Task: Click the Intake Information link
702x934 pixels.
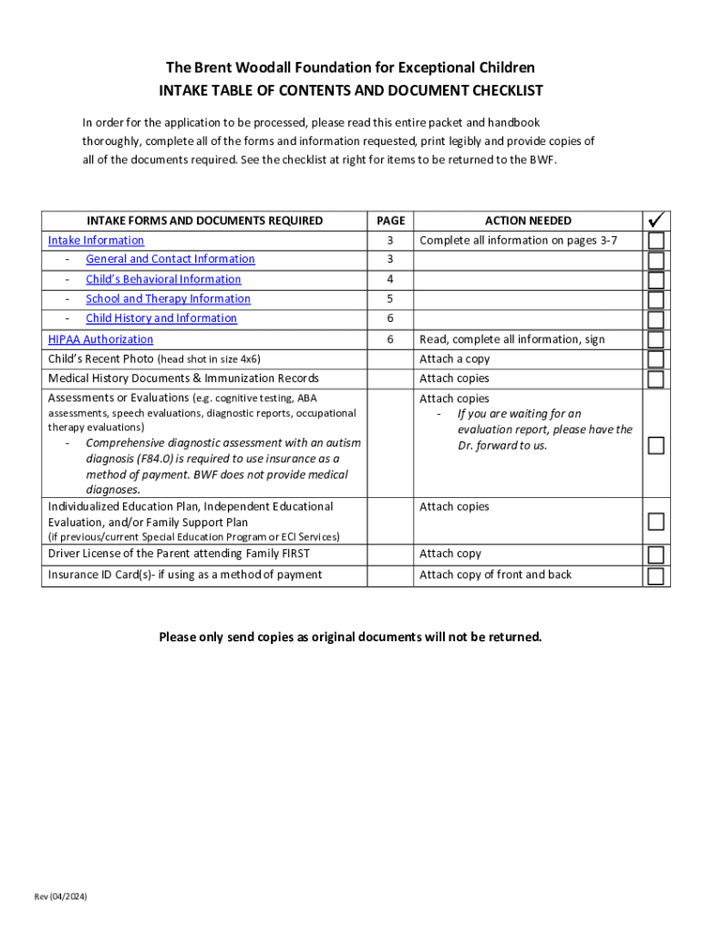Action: [x=96, y=240]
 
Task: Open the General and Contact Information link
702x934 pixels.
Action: [x=170, y=259]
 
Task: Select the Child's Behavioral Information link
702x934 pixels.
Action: [x=163, y=279]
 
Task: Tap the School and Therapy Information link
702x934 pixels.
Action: [x=168, y=298]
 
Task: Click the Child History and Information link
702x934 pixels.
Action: [x=161, y=318]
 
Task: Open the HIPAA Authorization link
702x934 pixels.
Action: [x=100, y=339]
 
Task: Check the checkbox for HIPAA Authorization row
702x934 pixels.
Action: [x=656, y=339]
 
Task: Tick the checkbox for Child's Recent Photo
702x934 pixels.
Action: [x=656, y=359]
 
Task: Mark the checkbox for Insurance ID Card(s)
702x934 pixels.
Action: [x=656, y=576]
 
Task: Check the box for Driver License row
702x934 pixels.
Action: [x=656, y=555]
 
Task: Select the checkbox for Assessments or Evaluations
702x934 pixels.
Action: [x=656, y=445]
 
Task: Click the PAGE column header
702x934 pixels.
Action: [x=390, y=221]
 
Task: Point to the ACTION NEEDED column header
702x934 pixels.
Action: [x=528, y=221]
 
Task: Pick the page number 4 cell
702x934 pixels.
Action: [x=390, y=279]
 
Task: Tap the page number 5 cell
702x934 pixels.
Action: [x=390, y=298]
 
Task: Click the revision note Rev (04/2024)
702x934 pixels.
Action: [x=61, y=898]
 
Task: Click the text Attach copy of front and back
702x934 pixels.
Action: [x=496, y=575]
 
